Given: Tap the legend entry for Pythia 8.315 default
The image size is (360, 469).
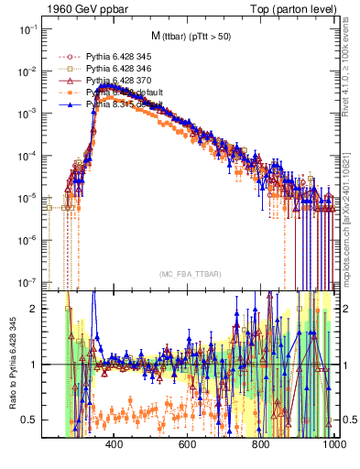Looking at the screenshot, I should click(116, 105).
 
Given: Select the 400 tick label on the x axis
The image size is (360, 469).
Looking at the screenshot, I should click(115, 445).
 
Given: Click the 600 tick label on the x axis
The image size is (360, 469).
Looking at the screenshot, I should click(188, 445).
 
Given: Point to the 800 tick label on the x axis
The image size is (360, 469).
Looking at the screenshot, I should click(261, 445).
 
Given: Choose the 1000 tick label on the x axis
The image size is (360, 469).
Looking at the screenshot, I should click(332, 445).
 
